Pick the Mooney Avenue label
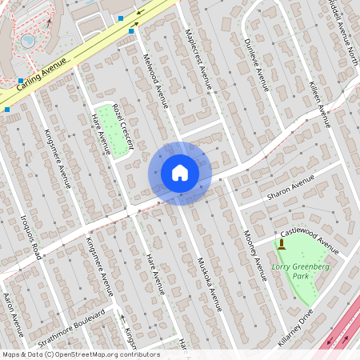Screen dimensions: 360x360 [x=254, y=255]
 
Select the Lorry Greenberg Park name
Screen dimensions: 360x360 [x=290, y=270]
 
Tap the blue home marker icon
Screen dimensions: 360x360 [x=180, y=173]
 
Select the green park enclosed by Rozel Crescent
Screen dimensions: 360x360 [x=112, y=129]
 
